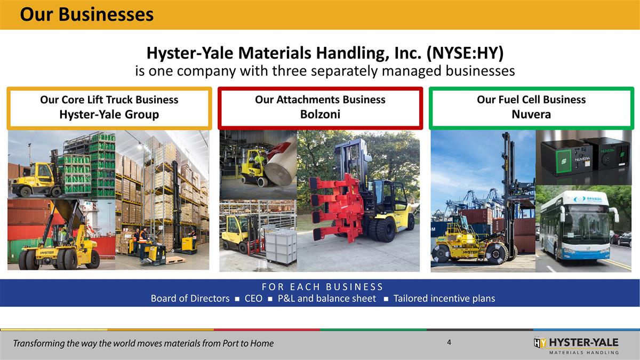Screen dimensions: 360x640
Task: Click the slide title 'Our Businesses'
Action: (x=86, y=14)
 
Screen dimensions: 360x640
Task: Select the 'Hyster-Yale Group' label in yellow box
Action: (x=109, y=115)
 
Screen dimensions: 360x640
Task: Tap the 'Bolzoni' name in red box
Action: (x=320, y=115)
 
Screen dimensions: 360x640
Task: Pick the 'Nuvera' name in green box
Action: (x=531, y=115)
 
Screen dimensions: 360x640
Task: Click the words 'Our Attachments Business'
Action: (x=320, y=100)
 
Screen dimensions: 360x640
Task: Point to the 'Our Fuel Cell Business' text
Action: (x=531, y=100)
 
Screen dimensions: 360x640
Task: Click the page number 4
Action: (x=450, y=342)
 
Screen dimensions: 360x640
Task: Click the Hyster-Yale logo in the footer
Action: (x=576, y=345)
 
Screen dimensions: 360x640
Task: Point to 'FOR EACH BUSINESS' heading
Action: (x=320, y=286)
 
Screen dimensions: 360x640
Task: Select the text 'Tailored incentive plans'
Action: (x=444, y=299)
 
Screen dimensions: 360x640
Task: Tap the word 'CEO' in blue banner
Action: (x=253, y=299)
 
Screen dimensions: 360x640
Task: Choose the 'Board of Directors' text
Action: (x=190, y=299)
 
